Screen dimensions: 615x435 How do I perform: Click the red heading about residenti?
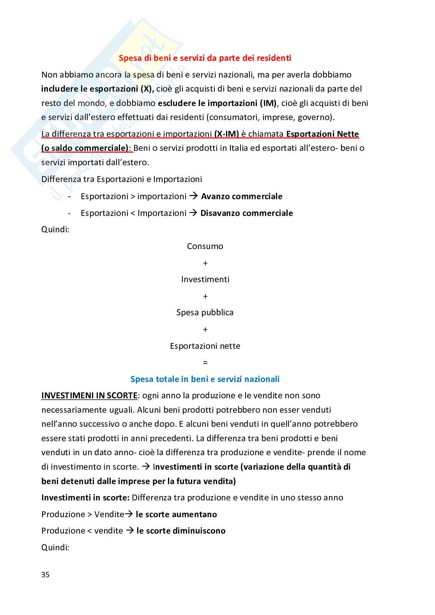[x=205, y=58]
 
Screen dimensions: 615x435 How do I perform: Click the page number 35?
[x=45, y=575]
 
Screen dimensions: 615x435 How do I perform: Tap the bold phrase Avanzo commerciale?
[x=242, y=196]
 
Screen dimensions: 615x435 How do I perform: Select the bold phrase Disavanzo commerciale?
[x=246, y=213]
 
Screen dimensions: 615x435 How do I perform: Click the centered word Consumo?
[x=205, y=246]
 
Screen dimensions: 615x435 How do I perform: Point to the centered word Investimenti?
[x=205, y=279]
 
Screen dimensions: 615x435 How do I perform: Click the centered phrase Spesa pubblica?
[x=205, y=313]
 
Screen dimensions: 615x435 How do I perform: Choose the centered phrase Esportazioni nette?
[x=205, y=346]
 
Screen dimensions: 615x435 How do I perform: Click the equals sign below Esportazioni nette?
[x=205, y=363]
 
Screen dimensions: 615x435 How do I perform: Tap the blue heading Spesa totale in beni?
[x=205, y=379]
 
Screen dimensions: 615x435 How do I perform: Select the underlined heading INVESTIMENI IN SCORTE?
[x=89, y=396]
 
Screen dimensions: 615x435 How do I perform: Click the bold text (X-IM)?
[x=226, y=134]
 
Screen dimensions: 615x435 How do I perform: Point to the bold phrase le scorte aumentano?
[x=176, y=514]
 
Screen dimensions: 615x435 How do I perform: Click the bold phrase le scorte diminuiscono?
[x=181, y=531]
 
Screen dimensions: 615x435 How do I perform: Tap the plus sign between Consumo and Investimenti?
[x=205, y=263]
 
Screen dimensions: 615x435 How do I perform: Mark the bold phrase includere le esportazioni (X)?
[x=97, y=89]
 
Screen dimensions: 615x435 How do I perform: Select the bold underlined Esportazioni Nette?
[x=322, y=134]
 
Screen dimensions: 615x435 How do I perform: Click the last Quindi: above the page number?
[x=55, y=548]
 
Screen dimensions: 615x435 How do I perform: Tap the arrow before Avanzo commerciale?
[x=193, y=196]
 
